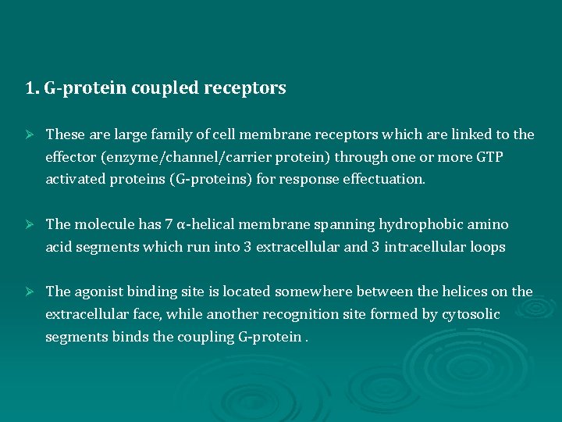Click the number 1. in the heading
[x=32, y=88]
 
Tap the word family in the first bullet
[x=169, y=134]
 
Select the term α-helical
[x=206, y=224]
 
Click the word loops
[x=488, y=247]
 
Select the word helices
[x=462, y=291]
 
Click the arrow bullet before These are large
[x=30, y=135]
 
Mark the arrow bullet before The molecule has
[x=30, y=225]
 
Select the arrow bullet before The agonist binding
[x=30, y=292]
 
